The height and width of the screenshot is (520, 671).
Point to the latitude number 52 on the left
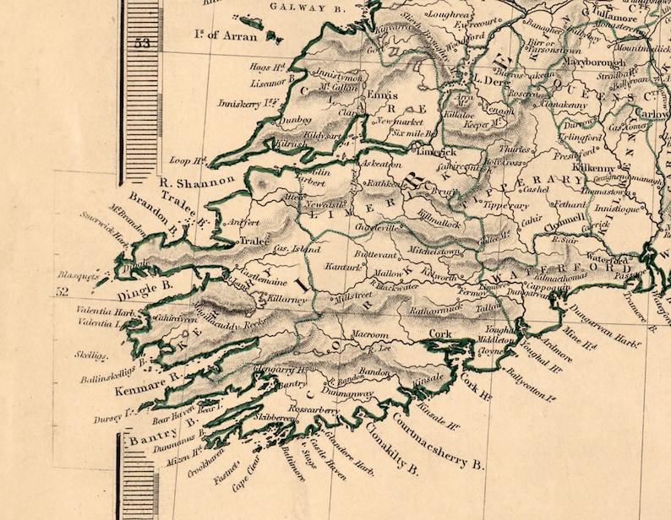(61, 291)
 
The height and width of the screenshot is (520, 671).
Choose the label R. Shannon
(197, 181)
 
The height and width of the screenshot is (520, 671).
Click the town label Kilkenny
(589, 167)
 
